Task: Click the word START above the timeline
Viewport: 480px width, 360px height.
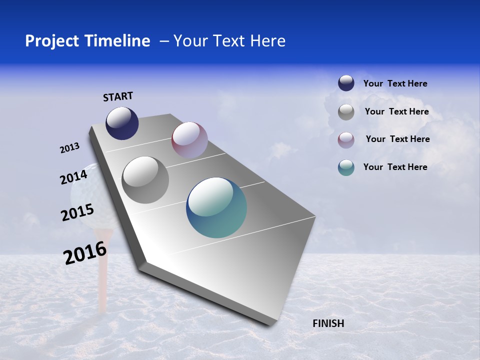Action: (x=118, y=96)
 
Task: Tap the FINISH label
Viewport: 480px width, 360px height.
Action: (x=328, y=323)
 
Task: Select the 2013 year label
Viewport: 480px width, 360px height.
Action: (x=69, y=148)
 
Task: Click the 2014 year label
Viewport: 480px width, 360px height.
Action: (x=73, y=177)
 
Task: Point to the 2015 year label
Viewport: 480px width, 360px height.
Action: (x=77, y=212)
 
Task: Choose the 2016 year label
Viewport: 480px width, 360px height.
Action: (x=85, y=253)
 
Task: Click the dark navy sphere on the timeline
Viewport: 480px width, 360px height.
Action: (x=122, y=123)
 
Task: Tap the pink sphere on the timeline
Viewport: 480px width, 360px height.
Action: (x=189, y=139)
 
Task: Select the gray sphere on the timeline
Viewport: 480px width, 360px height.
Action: (x=145, y=180)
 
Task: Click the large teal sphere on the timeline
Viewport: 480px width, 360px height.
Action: (x=216, y=207)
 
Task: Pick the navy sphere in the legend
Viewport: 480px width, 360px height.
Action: (x=346, y=83)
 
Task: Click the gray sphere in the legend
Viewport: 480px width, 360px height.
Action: (x=346, y=112)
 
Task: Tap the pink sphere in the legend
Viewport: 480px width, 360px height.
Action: (x=346, y=140)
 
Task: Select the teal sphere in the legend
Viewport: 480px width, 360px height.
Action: (x=346, y=167)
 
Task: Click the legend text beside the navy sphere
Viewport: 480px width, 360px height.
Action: (x=395, y=83)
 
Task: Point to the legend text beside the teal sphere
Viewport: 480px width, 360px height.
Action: (x=395, y=167)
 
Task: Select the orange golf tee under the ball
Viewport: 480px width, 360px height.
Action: (x=103, y=265)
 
